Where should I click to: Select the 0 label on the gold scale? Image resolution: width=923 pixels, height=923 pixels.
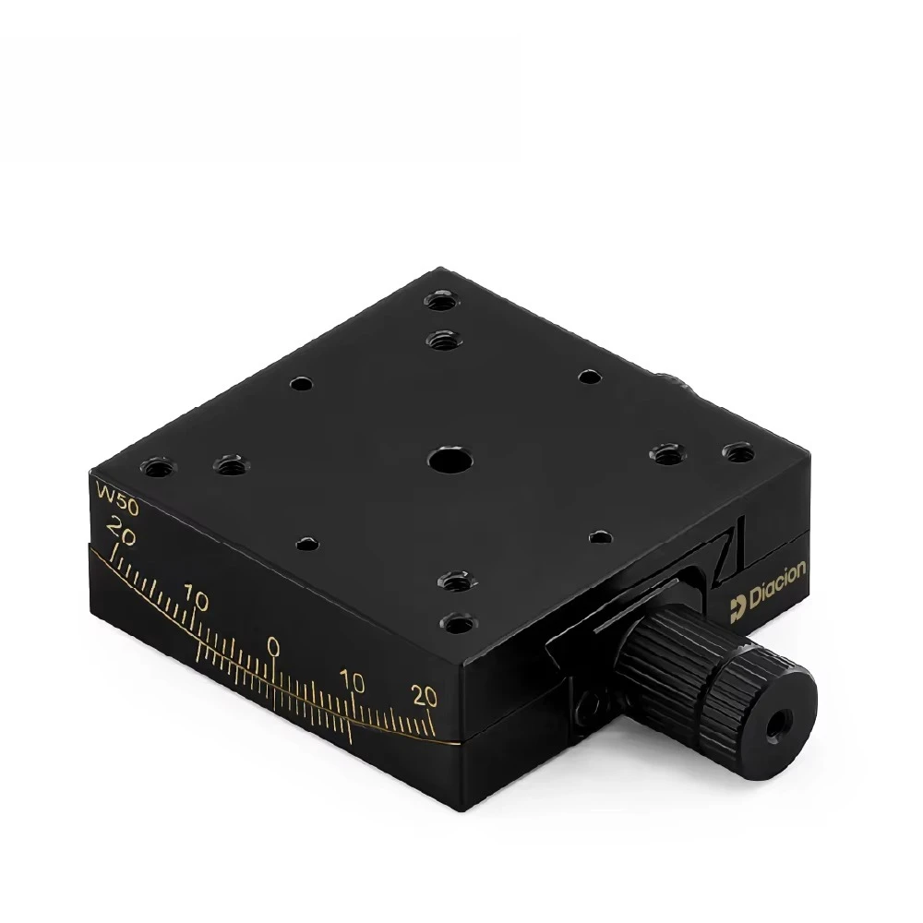pyautogui.click(x=273, y=644)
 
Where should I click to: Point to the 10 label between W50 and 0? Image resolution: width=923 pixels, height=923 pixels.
pyautogui.click(x=196, y=600)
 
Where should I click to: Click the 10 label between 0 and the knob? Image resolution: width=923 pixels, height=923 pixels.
pyautogui.click(x=352, y=682)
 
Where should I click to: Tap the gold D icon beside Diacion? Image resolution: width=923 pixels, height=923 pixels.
pyautogui.click(x=737, y=605)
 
